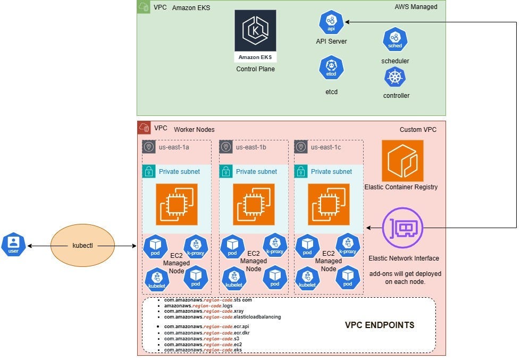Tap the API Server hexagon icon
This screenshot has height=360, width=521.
tap(331, 23)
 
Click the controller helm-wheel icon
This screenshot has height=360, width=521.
tap(395, 78)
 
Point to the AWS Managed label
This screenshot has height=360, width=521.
tap(416, 7)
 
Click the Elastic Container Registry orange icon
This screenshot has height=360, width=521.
tap(402, 161)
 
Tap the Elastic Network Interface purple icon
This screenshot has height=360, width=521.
tap(402, 228)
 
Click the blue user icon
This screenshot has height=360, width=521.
tap(13, 245)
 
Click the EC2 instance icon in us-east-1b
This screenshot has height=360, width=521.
tap(254, 204)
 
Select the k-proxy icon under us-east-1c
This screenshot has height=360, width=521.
tap(348, 246)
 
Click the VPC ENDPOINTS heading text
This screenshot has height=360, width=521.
tap(380, 325)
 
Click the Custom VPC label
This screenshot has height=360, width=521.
tap(418, 130)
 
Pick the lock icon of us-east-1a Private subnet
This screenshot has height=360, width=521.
tap(149, 171)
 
